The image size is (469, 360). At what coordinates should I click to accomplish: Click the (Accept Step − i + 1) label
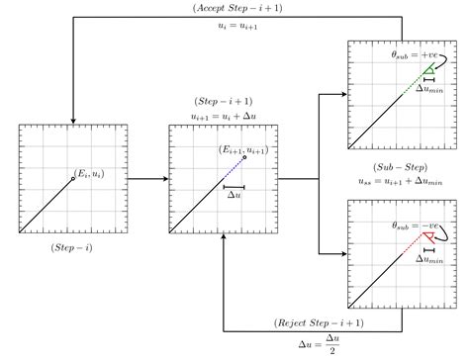(237, 8)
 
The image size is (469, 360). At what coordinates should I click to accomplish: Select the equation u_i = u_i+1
(237, 26)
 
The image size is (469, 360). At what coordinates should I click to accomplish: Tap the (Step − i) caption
(71, 247)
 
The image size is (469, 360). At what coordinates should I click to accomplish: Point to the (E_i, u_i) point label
(89, 173)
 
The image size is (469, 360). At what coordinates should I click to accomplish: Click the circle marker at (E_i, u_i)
(73, 179)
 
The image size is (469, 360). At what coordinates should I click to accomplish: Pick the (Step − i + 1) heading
(224, 101)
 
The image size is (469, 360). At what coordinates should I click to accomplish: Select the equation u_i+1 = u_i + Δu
(224, 116)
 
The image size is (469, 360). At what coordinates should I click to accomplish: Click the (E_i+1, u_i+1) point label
(243, 149)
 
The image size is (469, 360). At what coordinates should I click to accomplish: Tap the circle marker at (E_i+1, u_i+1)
(244, 157)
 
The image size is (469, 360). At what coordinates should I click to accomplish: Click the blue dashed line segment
(234, 168)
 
